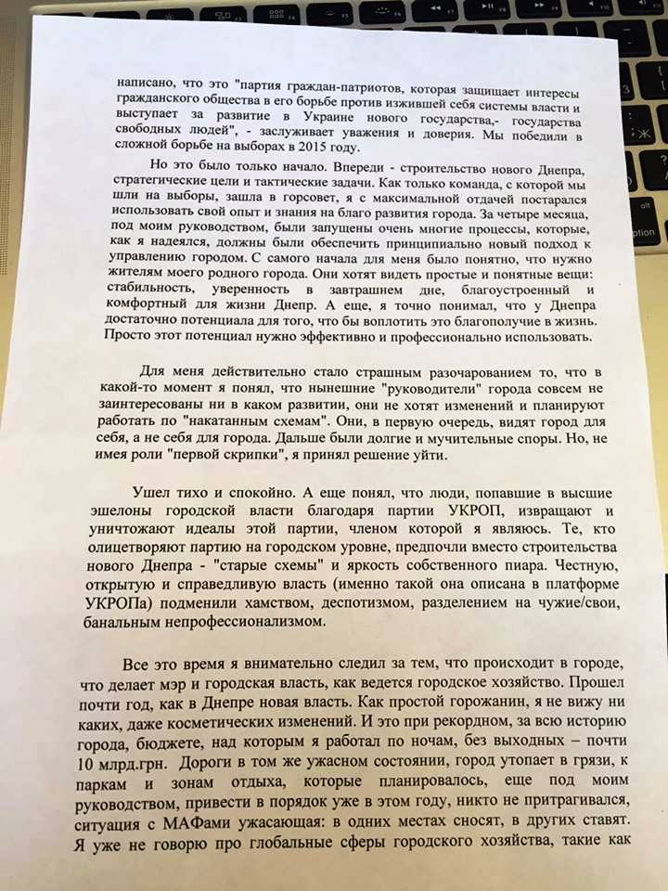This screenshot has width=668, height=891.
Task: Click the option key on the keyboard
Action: tap(648, 232)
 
